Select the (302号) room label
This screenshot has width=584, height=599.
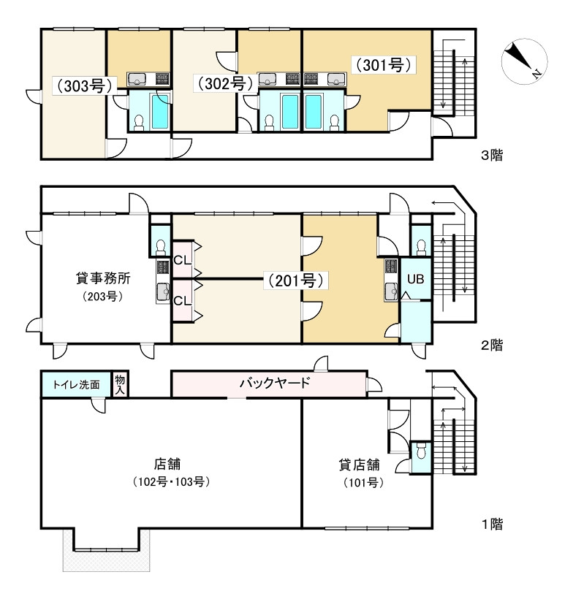[x=221, y=84]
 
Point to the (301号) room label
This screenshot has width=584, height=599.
[x=382, y=65]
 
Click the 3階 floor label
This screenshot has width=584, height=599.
[x=492, y=156]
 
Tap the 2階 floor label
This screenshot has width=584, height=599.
[x=492, y=345]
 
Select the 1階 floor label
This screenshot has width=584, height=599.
[x=492, y=524]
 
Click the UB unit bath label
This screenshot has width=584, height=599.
[x=415, y=279]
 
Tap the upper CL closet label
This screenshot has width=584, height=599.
[x=182, y=261]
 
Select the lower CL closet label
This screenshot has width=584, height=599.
[x=182, y=299]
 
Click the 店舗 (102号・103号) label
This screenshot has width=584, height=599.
[x=167, y=472]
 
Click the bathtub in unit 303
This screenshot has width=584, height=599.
[x=159, y=111]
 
